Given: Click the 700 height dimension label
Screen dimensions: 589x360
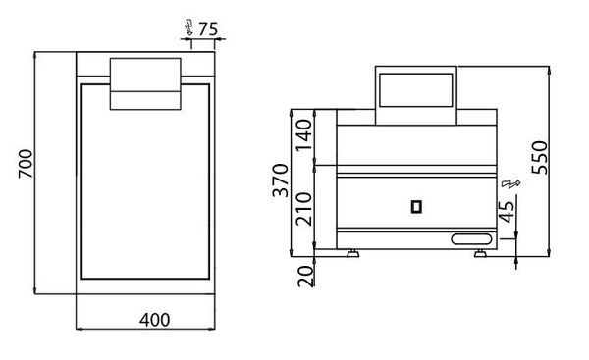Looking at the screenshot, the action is point(26,164).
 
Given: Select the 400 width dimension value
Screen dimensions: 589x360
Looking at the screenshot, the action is point(154,320).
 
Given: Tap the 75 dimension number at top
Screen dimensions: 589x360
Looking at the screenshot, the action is point(208,28).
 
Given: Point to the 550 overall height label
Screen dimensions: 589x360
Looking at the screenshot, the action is point(540,158).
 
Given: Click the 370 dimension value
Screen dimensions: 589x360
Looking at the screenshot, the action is point(281,180).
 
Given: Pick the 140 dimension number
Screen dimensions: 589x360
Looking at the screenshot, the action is point(304,134).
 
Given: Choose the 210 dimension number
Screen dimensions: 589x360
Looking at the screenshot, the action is point(304,209).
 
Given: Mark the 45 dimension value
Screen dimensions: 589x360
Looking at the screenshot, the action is point(507,212).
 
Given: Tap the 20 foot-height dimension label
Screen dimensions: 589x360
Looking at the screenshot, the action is point(305,277).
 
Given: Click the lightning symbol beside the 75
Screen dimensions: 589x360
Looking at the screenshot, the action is point(188,27).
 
